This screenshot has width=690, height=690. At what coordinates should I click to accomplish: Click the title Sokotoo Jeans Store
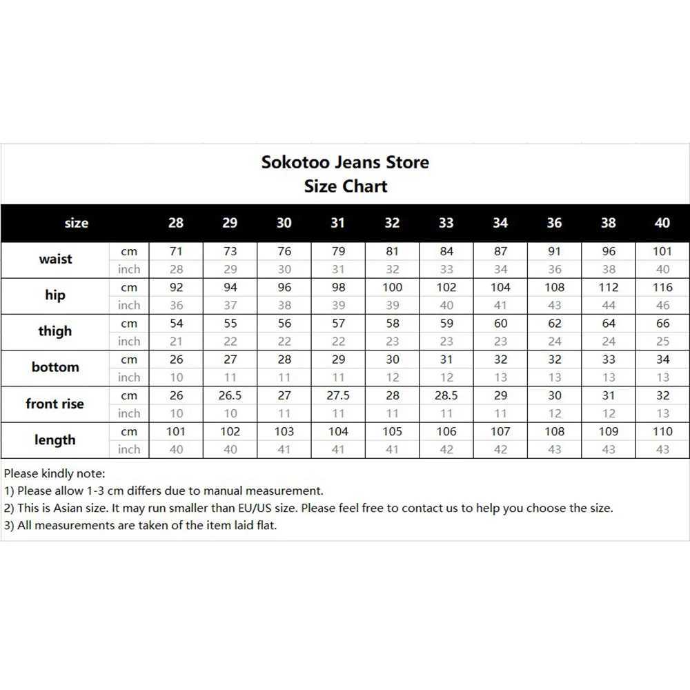click(x=345, y=162)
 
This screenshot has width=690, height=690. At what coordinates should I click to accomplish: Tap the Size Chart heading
click(x=345, y=186)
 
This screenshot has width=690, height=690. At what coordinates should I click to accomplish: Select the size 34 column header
click(x=500, y=223)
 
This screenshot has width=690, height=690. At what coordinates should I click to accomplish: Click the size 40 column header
click(x=662, y=223)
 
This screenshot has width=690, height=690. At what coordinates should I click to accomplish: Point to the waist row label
click(x=55, y=259)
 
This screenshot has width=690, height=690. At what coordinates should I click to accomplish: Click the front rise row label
click(x=55, y=404)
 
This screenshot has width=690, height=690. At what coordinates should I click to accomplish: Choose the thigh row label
click(x=55, y=331)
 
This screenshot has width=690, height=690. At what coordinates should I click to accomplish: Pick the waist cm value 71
click(x=176, y=252)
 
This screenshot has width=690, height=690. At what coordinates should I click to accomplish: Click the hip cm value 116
click(x=662, y=288)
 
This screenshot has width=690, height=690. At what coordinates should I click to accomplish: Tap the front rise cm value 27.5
click(x=338, y=396)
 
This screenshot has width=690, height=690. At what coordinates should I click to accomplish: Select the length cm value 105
click(x=392, y=432)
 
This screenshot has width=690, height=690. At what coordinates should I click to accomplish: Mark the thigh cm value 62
click(x=554, y=324)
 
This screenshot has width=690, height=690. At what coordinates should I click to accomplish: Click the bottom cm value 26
click(x=176, y=359)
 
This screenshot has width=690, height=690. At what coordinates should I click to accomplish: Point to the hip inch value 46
click(x=662, y=306)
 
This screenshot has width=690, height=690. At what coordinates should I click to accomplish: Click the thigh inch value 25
click(x=662, y=342)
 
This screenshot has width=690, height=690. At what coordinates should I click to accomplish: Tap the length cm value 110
click(x=662, y=432)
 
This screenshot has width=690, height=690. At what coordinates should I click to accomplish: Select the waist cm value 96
click(x=609, y=252)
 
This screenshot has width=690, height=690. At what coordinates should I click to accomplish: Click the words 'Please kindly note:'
click(x=55, y=474)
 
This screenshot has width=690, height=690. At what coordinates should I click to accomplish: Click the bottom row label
click(x=55, y=367)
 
